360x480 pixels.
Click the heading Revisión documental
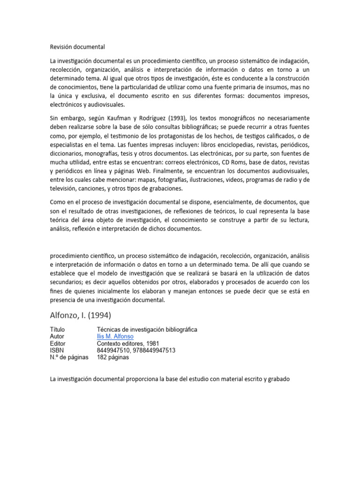(x=77, y=47)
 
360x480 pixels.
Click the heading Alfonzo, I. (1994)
(x=81, y=314)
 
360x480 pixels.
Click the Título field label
(x=58, y=330)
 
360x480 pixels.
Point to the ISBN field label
(x=57, y=350)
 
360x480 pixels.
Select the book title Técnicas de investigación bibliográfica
(x=147, y=330)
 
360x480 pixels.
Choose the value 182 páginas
(x=112, y=357)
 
